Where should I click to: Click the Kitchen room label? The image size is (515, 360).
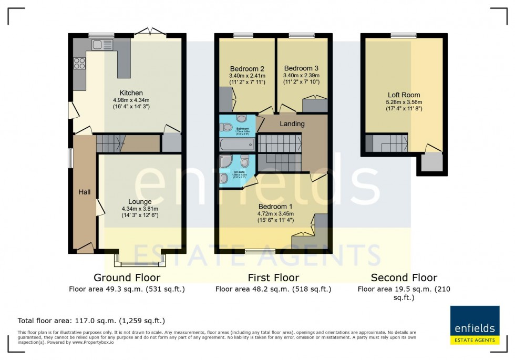click(x=131, y=93)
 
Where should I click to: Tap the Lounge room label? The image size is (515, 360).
click(x=140, y=201)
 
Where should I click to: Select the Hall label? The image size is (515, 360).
click(x=85, y=192)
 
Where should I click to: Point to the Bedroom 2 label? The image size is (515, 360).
click(x=247, y=69)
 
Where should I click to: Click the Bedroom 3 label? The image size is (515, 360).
click(x=301, y=68)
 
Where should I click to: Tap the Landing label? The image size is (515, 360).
click(x=292, y=124)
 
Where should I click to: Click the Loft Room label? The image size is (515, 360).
click(x=404, y=95)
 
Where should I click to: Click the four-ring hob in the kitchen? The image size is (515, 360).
click(x=79, y=64)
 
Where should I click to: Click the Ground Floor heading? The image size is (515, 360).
click(x=127, y=277)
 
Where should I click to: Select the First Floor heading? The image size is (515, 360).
click(x=273, y=277)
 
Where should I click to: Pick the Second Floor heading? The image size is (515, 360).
click(x=404, y=277)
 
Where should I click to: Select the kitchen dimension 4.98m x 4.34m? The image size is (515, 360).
click(x=131, y=100)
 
